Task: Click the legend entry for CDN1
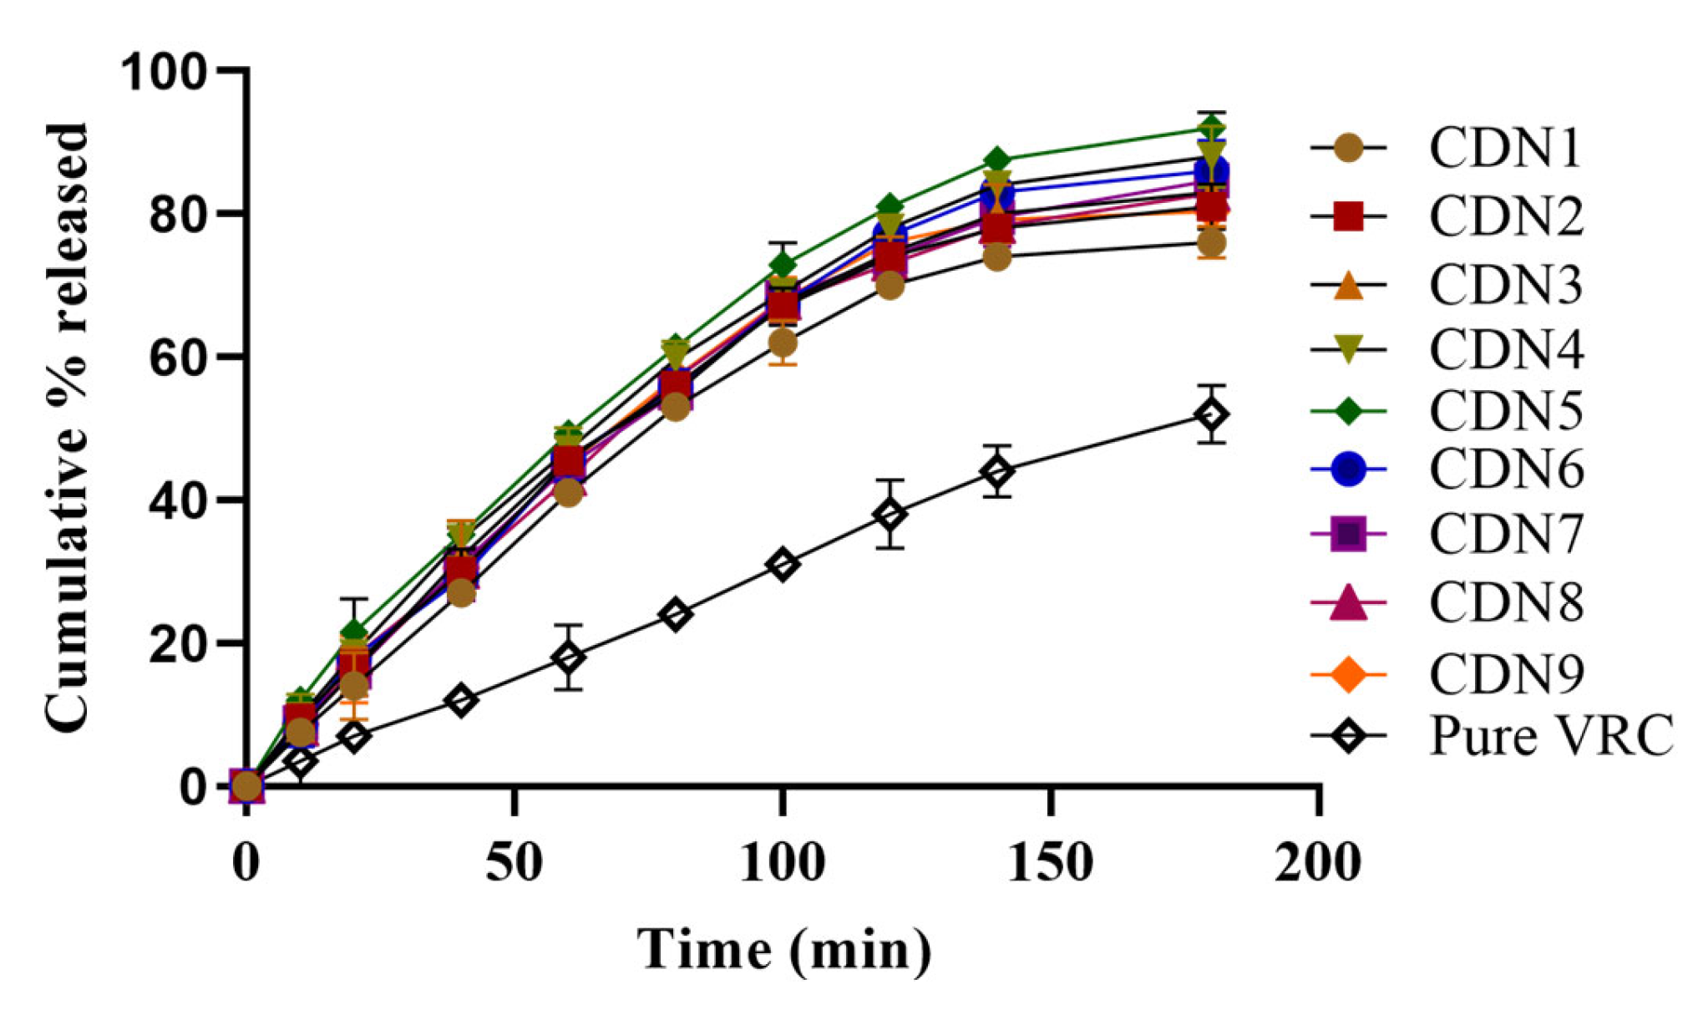[x=1503, y=149]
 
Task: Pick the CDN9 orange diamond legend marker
[x=1348, y=674]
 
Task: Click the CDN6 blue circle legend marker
[x=1348, y=469]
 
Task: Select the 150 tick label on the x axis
[x=1050, y=862]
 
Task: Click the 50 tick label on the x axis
[x=514, y=862]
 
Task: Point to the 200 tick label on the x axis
[x=1317, y=862]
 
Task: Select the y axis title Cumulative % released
[x=67, y=428]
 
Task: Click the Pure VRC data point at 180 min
[x=1211, y=414]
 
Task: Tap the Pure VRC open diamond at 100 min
[x=783, y=565]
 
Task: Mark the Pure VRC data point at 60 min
[x=569, y=657]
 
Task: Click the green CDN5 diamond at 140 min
[x=996, y=160]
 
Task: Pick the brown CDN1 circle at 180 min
[x=1211, y=243]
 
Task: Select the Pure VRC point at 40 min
[x=461, y=700]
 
